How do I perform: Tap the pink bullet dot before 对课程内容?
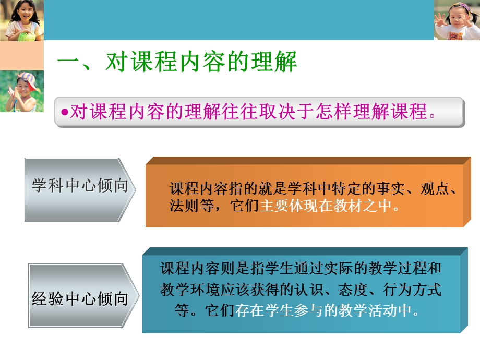click(65, 113)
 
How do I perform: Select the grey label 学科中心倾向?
click(80, 186)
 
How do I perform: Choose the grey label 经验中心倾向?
click(80, 298)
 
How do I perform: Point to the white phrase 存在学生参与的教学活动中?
click(327, 311)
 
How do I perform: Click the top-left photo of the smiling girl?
click(22, 20)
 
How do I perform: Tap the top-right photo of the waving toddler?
click(457, 20)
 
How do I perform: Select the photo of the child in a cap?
click(22, 91)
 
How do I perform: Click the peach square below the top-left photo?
click(22, 56)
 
